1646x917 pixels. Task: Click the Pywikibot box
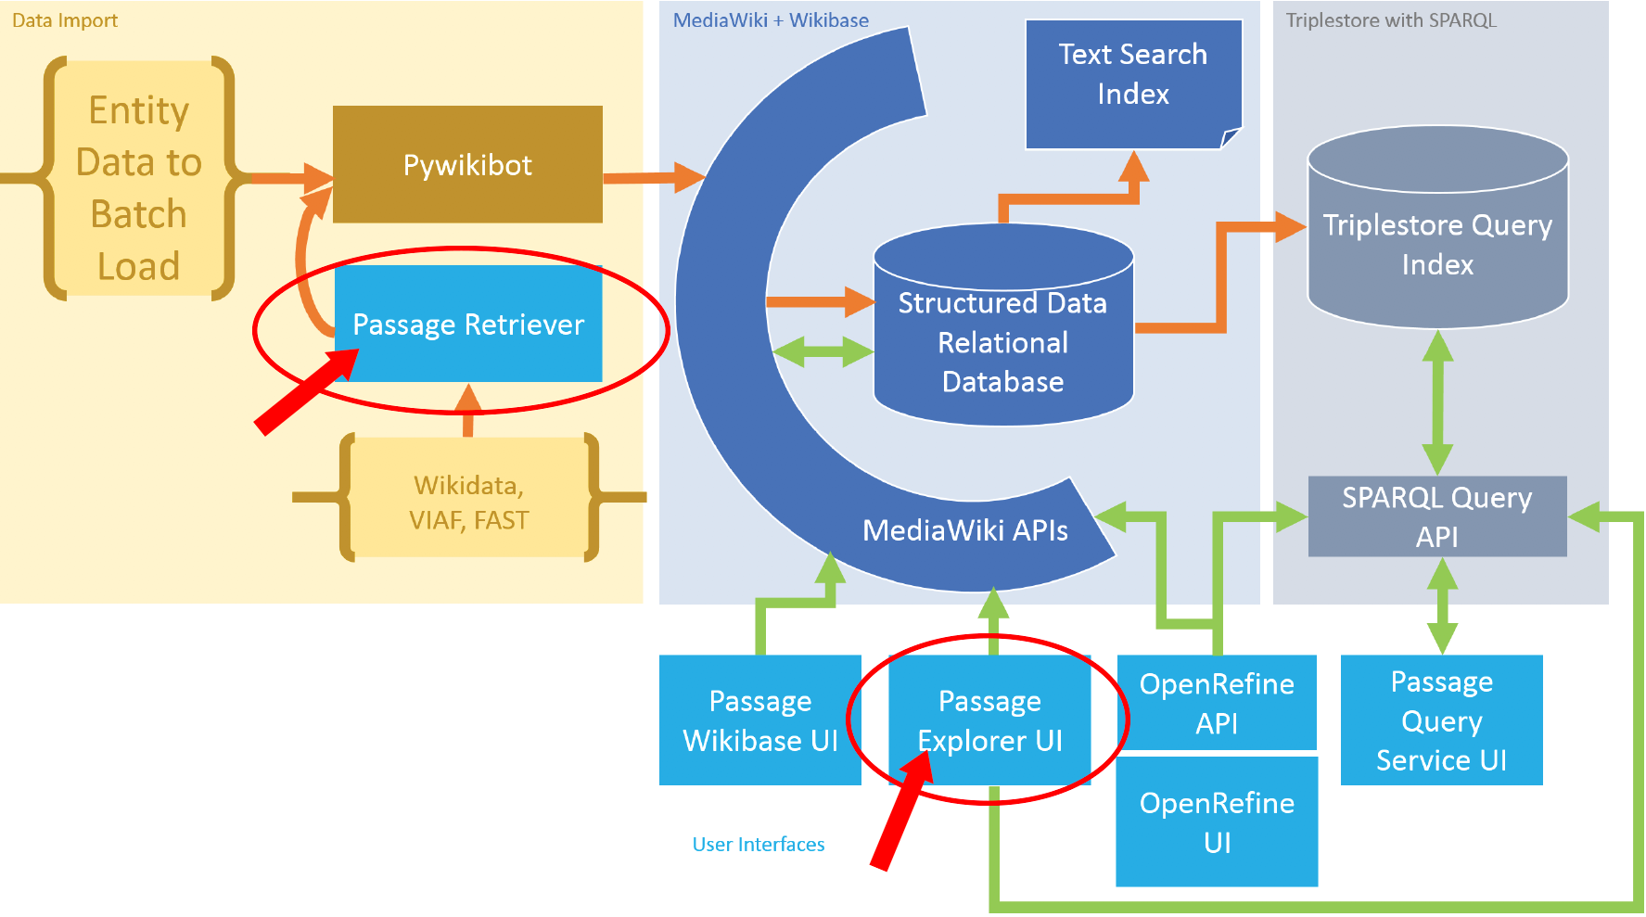[x=467, y=164]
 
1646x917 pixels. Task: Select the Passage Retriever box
[x=468, y=324]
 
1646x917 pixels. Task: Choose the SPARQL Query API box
[x=1436, y=516]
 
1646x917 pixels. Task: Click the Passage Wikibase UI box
[x=759, y=720]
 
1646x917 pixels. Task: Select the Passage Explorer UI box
[x=989, y=720]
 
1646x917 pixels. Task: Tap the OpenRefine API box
[x=1217, y=703]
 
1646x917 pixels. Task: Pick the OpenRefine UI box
[x=1217, y=821]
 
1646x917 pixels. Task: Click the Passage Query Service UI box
[x=1441, y=720]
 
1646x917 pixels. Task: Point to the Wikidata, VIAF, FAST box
[x=468, y=502]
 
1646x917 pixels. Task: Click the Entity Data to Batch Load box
[x=139, y=187]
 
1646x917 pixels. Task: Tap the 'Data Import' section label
[x=65, y=20]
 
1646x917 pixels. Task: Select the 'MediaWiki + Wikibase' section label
[x=771, y=20]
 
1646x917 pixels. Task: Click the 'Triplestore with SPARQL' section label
[x=1391, y=20]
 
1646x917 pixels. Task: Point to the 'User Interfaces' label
[x=758, y=844]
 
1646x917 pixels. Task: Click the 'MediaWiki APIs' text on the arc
[x=964, y=530]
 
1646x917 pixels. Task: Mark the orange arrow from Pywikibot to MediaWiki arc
[x=653, y=176]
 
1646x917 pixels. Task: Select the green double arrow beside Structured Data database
[x=822, y=352]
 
